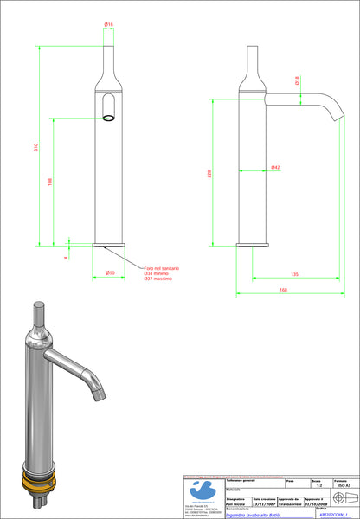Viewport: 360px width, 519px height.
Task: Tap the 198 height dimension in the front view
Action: click(50, 183)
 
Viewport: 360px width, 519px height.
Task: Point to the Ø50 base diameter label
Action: click(110, 274)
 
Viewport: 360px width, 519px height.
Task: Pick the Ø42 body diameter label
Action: click(274, 166)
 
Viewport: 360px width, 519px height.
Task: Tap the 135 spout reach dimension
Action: click(295, 274)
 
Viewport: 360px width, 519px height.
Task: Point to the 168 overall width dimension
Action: click(283, 290)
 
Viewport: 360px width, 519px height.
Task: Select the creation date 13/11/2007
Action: click(266, 505)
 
